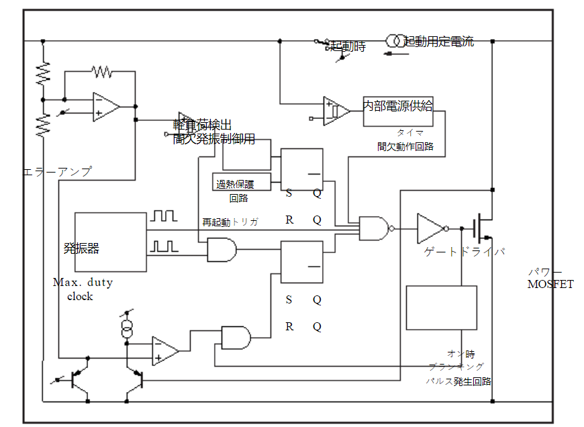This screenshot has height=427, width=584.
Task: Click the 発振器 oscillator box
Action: tap(110, 242)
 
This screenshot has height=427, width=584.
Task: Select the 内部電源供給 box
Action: tap(398, 111)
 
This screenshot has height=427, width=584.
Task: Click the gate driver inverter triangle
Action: tap(430, 228)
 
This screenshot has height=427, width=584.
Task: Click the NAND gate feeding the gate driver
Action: tap(374, 228)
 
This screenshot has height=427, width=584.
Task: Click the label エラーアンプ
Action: tap(57, 172)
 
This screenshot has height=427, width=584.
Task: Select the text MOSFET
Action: tap(550, 284)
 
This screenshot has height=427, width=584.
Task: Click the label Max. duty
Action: tap(83, 283)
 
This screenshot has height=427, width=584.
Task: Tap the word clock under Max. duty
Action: tap(80, 296)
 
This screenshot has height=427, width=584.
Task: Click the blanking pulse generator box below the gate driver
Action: tap(442, 307)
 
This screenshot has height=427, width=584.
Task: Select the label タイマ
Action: tap(409, 133)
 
